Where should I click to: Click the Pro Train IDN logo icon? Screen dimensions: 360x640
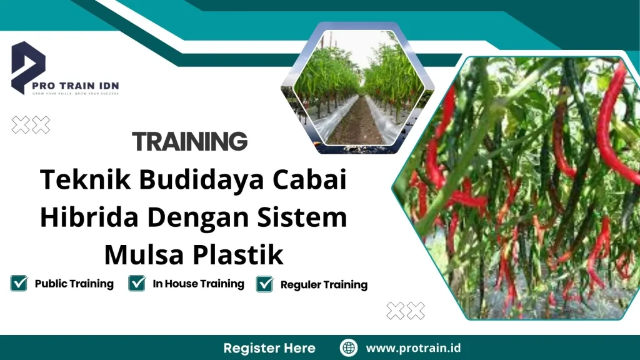coord(28,66)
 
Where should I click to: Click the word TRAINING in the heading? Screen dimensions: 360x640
coord(190,142)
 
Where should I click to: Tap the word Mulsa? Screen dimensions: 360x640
coord(139,254)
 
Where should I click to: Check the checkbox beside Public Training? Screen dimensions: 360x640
coord(19,284)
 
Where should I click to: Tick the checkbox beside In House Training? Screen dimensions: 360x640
coord(136,284)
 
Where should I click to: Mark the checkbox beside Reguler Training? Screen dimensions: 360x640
coord(265,284)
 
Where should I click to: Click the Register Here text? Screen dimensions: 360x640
coord(269,347)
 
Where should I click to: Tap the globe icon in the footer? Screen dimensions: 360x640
coord(348,347)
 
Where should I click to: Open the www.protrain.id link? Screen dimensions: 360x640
coord(413,347)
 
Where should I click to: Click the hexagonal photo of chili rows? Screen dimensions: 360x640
coord(356,87)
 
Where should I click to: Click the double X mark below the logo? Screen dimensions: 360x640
coord(31,126)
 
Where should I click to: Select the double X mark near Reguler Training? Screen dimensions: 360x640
coord(406,310)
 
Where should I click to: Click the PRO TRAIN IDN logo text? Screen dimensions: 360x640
coord(84,86)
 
